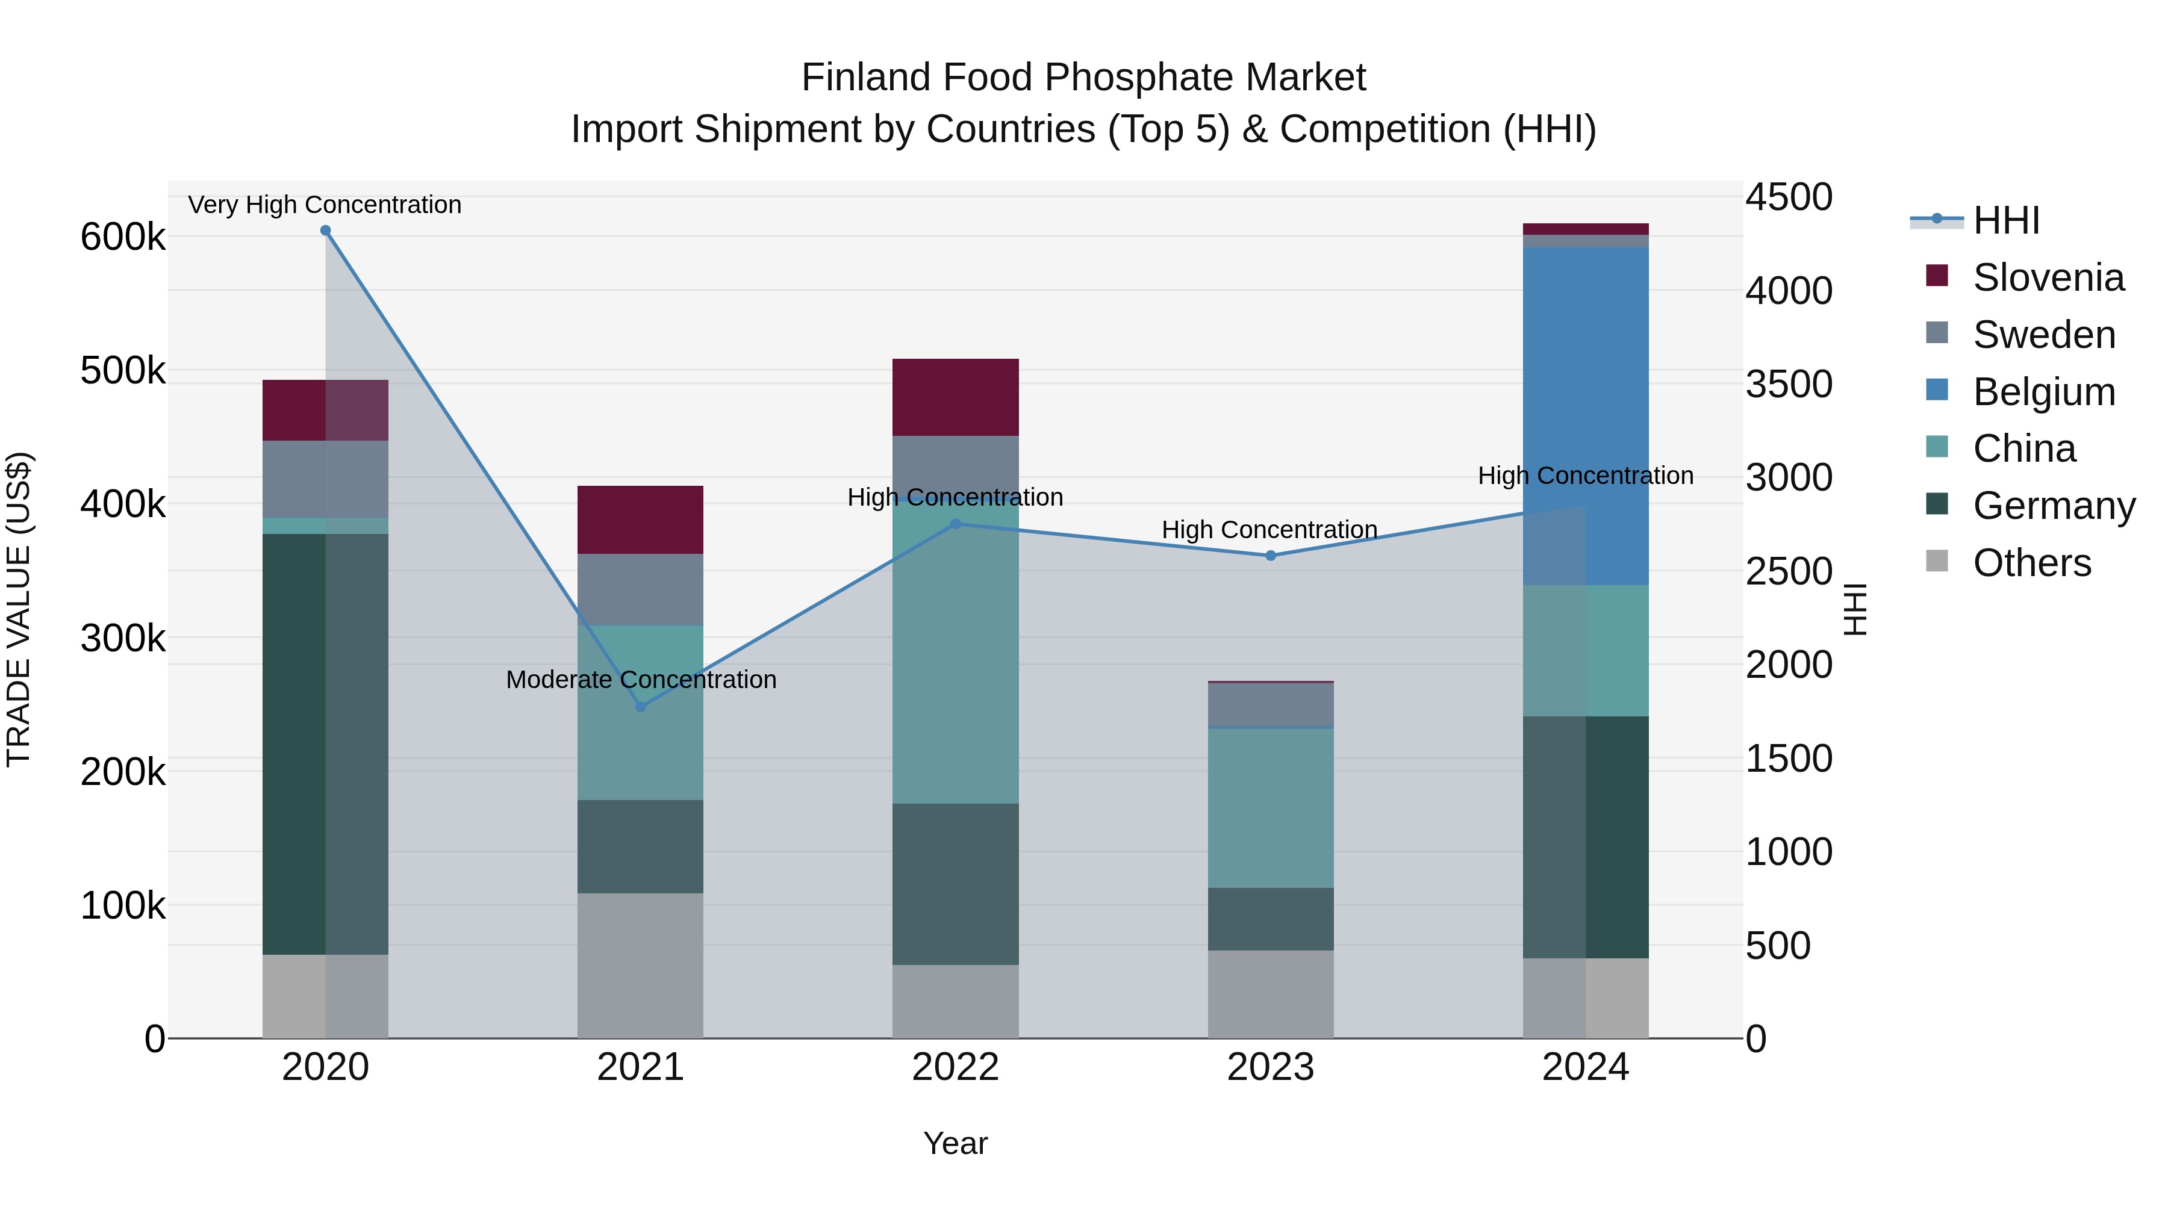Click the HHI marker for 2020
point(326,231)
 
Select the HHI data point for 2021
point(641,707)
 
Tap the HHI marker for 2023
point(1271,556)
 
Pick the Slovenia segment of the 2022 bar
point(955,397)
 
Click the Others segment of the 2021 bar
point(641,965)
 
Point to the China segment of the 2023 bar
point(1271,808)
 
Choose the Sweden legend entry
point(2043,335)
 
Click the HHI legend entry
point(2005,220)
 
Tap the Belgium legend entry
point(2043,392)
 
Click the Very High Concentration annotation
point(325,205)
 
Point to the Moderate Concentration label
point(641,680)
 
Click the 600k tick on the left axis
point(123,237)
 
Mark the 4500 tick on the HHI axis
point(1787,197)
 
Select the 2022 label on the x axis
point(955,1067)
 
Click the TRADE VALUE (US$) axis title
point(19,609)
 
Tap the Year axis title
point(955,1143)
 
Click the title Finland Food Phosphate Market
point(1083,78)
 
